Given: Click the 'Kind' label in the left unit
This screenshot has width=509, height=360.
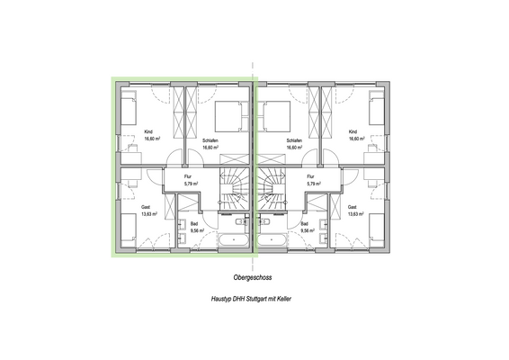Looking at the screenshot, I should point(148,132).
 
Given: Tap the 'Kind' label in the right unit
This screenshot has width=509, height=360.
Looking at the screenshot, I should point(353,132).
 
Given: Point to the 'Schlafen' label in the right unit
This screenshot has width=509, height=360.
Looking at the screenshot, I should point(293,141).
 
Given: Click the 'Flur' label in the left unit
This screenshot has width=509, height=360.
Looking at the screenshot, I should point(189,176).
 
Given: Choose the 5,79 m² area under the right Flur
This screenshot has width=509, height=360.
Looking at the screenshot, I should point(311,184).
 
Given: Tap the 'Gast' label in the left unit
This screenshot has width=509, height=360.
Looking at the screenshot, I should point(146,207).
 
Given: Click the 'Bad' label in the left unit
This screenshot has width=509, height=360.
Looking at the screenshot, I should point(194,222).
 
